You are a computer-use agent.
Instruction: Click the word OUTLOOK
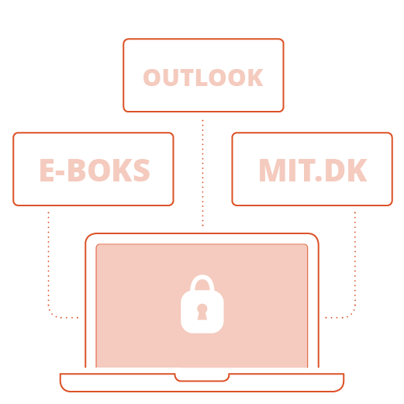203,78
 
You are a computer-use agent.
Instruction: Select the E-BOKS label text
95,170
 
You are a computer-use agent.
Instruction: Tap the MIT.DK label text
312,171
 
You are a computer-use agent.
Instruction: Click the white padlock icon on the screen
202,304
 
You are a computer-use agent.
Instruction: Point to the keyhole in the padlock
202,312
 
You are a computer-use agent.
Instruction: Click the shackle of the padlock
202,282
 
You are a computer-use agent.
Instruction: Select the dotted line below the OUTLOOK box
202,173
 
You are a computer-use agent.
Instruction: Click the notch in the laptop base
202,378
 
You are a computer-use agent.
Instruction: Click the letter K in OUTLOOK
255,78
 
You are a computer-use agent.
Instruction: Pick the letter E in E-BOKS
47,170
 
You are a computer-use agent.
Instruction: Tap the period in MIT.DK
319,178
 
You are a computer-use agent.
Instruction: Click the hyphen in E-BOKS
60,172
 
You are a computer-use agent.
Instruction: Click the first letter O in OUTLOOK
152,78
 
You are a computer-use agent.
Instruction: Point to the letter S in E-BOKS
141,170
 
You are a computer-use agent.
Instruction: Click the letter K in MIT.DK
358,171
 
